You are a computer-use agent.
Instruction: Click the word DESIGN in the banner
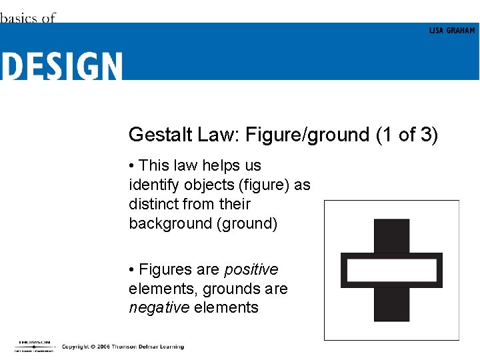click(61, 66)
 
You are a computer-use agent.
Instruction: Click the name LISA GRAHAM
click(452, 31)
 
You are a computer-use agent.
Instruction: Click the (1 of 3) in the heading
click(407, 135)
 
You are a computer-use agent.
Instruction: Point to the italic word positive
click(251, 270)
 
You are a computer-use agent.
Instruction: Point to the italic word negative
click(159, 308)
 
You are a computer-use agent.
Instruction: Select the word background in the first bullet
click(170, 223)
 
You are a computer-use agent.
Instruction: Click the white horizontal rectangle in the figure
click(391, 271)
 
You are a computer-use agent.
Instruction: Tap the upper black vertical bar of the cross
click(391, 236)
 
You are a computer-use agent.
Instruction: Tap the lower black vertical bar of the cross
click(391, 304)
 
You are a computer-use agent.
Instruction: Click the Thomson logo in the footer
click(33, 345)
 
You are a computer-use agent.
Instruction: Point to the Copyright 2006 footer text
click(123, 347)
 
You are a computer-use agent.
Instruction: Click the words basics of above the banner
click(28, 18)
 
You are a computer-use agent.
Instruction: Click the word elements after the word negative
click(226, 308)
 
